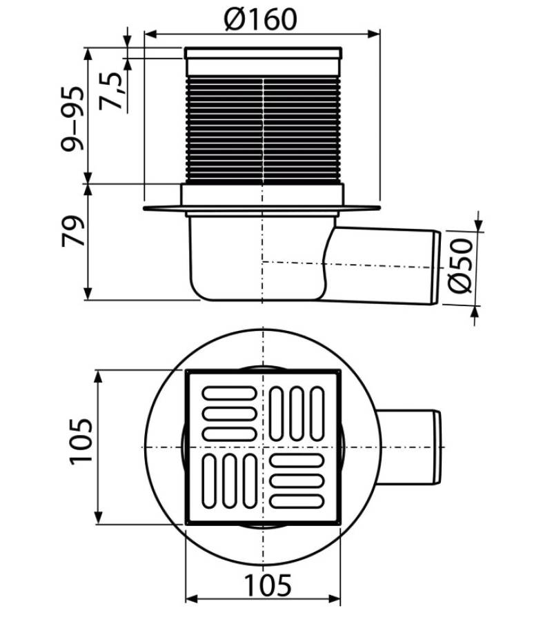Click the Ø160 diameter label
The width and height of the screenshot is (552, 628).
(261, 19)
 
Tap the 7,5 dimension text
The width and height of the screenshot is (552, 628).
(111, 91)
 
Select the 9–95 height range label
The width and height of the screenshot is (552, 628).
(73, 119)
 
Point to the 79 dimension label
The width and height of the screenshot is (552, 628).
(73, 231)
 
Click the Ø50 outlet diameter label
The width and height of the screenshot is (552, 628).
(460, 265)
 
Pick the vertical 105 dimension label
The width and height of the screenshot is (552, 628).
(81, 442)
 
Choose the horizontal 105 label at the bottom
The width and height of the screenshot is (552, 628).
(268, 585)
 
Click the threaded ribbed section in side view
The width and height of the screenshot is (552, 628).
(263, 130)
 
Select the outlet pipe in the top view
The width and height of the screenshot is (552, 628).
(409, 447)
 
